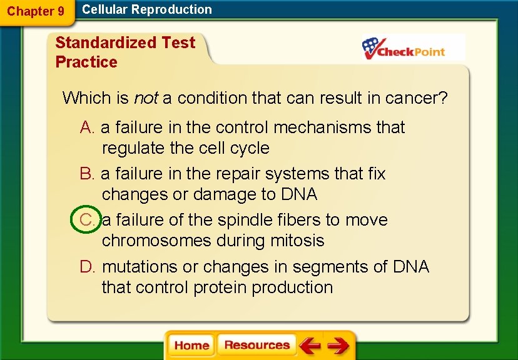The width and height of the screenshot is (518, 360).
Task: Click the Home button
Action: (191, 346)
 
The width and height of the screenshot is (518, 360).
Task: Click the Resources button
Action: (256, 346)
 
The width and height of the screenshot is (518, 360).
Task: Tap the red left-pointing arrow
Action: (310, 346)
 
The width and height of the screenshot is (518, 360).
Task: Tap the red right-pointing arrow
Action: (338, 346)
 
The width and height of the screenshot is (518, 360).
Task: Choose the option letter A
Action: (88, 127)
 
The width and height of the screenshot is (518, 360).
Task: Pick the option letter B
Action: (88, 174)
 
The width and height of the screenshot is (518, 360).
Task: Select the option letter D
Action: (88, 267)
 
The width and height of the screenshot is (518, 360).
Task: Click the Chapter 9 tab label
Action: (36, 11)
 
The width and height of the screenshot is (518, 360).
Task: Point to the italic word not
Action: (146, 98)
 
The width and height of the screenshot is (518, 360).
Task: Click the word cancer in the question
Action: (416, 98)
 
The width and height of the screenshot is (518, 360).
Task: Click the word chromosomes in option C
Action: (156, 241)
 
